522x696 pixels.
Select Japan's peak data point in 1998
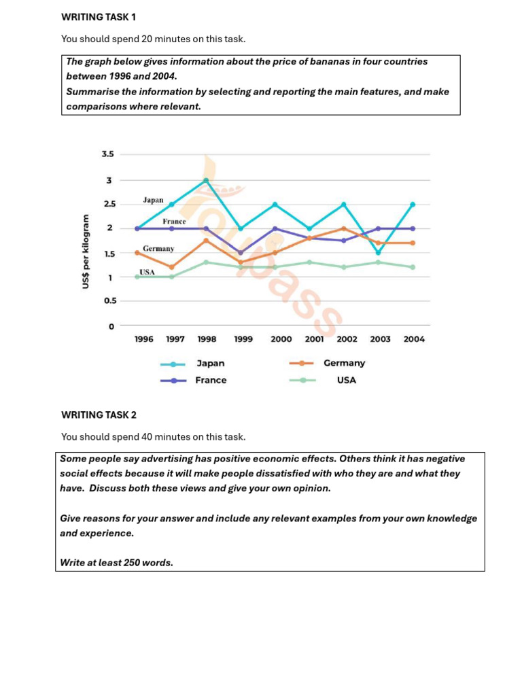tap(205, 180)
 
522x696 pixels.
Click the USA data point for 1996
tap(137, 277)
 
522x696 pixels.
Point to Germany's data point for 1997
tap(171, 267)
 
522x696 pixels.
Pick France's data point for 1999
tap(241, 252)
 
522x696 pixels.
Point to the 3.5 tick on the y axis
tap(107, 154)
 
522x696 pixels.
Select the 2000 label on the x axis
tap(281, 339)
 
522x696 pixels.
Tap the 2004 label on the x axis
tap(414, 339)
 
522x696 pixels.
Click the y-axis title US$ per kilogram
tap(86, 251)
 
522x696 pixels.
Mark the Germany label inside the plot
tap(158, 249)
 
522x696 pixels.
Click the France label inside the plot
tap(174, 222)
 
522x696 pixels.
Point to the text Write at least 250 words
tap(116, 563)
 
